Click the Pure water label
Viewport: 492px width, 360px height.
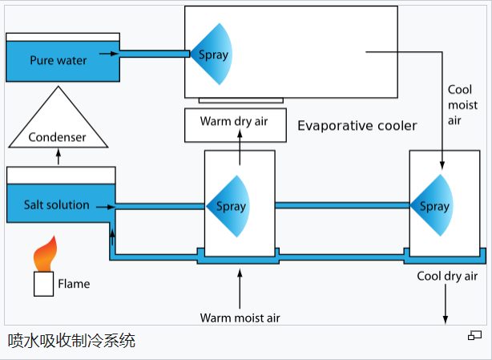pyautogui.click(x=58, y=60)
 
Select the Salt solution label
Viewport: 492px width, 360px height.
pyautogui.click(x=57, y=204)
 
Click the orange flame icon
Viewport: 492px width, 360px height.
pyautogui.click(x=45, y=255)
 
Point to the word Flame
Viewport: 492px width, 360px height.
pyautogui.click(x=74, y=283)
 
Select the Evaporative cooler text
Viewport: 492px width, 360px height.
pyautogui.click(x=357, y=126)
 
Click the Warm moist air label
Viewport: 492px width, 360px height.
pyautogui.click(x=240, y=317)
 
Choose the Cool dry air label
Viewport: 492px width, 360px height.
pyautogui.click(x=447, y=276)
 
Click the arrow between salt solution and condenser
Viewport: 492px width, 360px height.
pyautogui.click(x=58, y=157)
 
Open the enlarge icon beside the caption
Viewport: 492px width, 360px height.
pyautogui.click(x=474, y=335)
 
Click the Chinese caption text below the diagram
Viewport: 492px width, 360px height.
pyautogui.click(x=72, y=340)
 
